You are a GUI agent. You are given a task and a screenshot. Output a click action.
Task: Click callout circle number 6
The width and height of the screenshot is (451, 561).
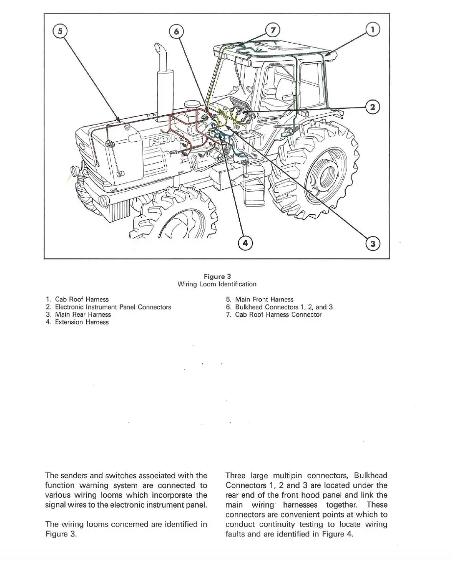coord(175,32)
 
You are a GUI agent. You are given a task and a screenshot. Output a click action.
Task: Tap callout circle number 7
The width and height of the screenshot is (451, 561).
coord(273,29)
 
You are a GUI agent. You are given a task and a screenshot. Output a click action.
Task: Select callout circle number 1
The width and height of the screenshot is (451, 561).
coord(374,30)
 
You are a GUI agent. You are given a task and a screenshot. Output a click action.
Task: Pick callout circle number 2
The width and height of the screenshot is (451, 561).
coord(374,107)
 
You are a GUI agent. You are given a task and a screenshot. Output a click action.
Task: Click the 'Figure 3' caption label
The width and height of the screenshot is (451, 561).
coord(217,277)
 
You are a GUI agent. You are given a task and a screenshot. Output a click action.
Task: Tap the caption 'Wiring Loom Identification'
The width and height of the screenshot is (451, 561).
coord(217,284)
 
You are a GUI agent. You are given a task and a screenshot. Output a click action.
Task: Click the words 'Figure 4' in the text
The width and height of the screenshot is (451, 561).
coord(337,534)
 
